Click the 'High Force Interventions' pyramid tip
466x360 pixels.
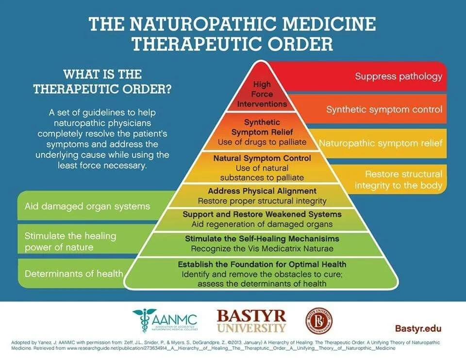[x=262, y=94]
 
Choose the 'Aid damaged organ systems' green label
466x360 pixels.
[x=87, y=206]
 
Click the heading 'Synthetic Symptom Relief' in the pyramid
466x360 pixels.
[x=262, y=127]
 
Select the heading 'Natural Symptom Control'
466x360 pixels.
[x=262, y=158]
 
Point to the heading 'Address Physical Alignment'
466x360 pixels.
[x=262, y=191]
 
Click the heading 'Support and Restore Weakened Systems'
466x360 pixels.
[x=262, y=214]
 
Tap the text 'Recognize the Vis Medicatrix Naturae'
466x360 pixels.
[x=262, y=248]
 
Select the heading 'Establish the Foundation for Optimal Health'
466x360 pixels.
[x=262, y=264]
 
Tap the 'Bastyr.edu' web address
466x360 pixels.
[x=419, y=328]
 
